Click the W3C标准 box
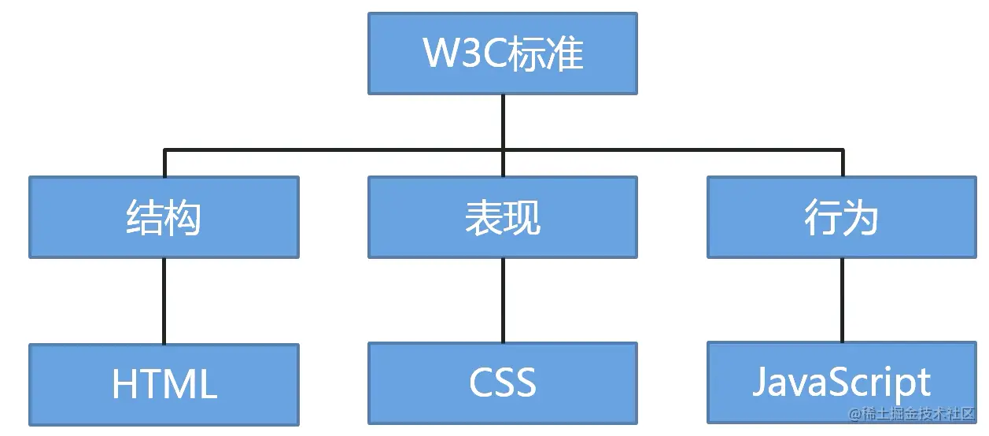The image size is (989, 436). coord(502,54)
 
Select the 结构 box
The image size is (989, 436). coord(164,217)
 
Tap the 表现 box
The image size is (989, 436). coord(502,217)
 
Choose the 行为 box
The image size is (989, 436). coord(841,217)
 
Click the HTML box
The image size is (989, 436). coord(164,384)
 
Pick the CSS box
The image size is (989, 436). coord(502,382)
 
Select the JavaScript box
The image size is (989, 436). coord(841,382)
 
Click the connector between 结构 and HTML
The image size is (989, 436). coord(164,301)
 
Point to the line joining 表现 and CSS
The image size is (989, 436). coord(503,300)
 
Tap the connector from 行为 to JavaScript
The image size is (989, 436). coord(842,300)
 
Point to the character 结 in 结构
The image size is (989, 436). coord(145,218)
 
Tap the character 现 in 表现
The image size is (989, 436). coord(522,218)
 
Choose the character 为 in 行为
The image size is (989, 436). coord(861,218)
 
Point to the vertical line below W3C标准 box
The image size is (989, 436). coord(503,121)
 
